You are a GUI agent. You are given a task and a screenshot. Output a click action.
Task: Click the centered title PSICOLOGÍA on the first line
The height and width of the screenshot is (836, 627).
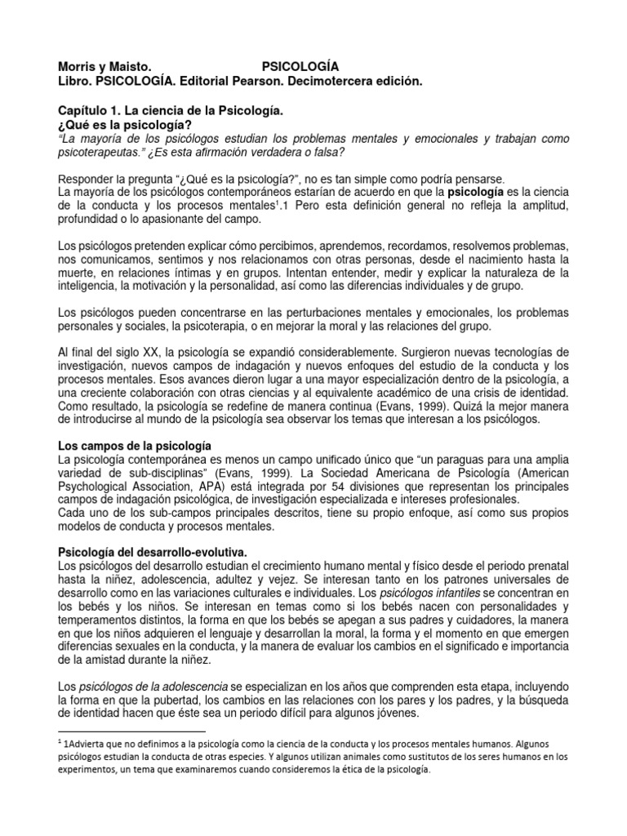[300, 65]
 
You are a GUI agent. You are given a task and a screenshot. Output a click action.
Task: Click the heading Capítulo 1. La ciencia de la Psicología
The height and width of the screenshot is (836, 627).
[171, 109]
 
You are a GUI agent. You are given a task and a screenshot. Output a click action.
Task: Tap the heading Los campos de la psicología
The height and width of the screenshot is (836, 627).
[135, 446]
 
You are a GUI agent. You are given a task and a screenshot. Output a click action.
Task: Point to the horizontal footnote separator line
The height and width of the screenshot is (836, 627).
[132, 731]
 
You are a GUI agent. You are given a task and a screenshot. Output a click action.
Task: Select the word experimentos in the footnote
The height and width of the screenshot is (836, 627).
[92, 769]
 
